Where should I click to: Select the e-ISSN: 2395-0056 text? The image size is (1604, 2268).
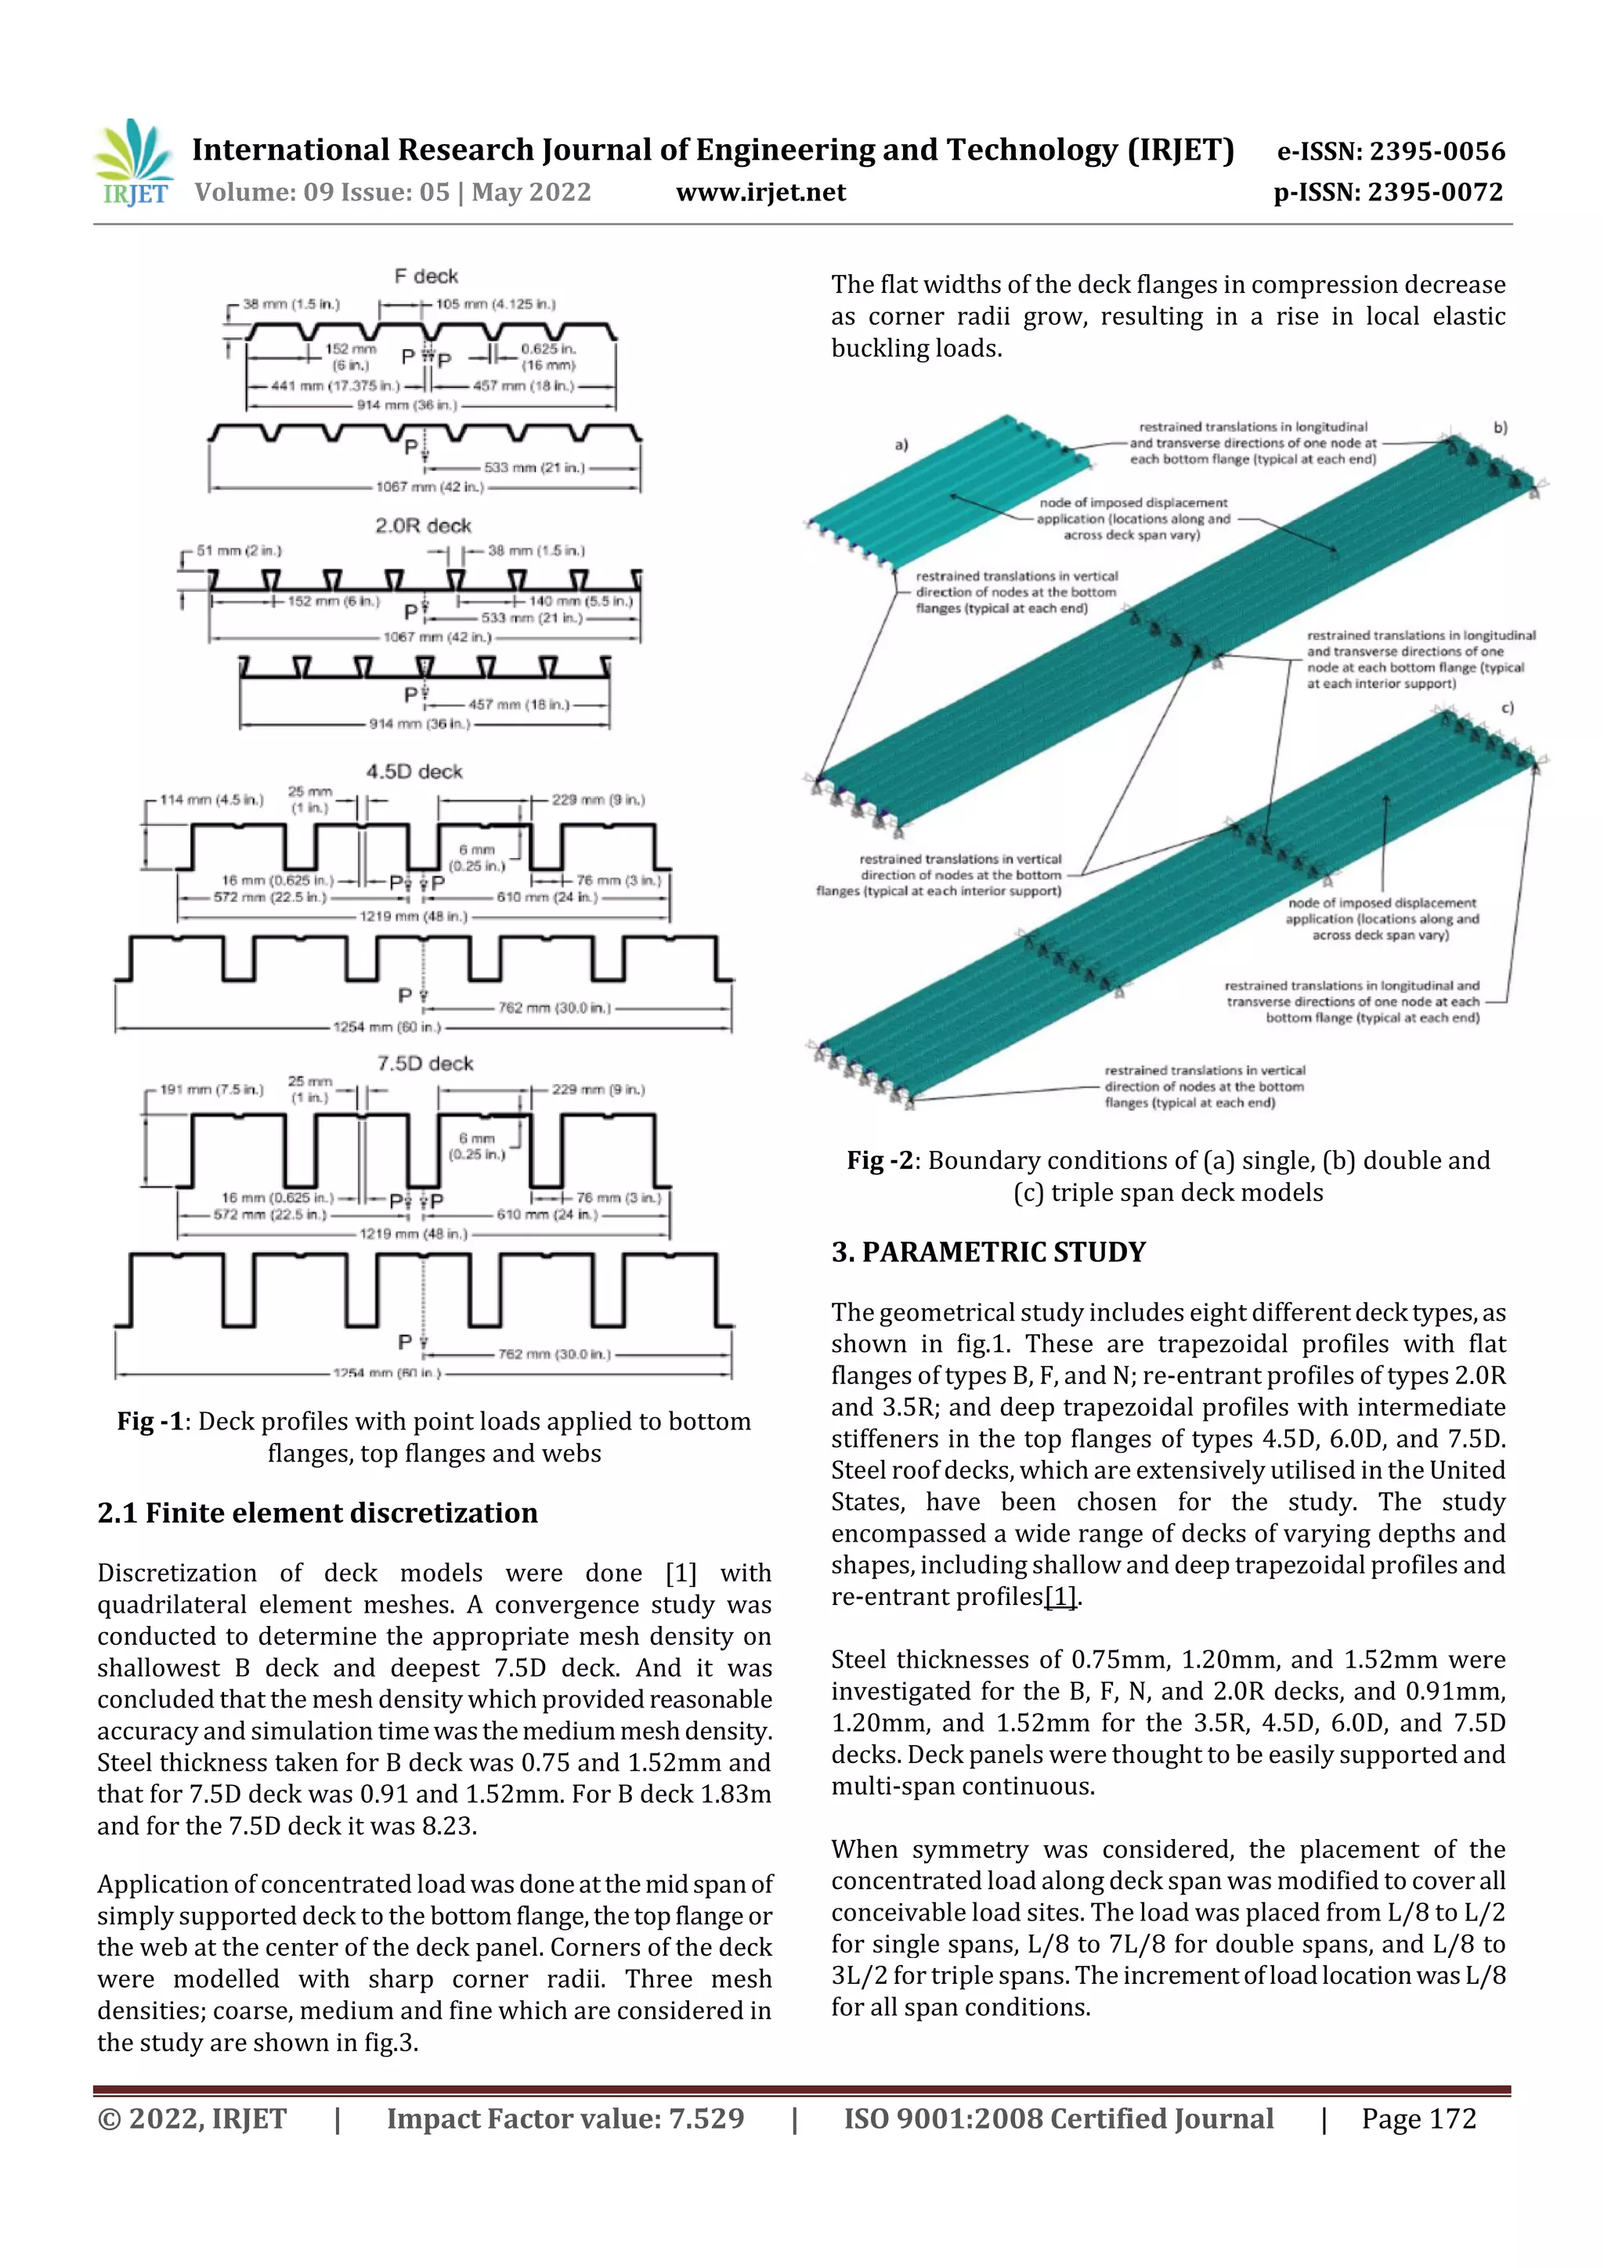pos(1390,151)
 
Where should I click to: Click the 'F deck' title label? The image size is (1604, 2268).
pos(426,276)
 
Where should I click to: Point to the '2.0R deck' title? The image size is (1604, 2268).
pos(423,525)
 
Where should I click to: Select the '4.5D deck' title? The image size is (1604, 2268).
pos(414,771)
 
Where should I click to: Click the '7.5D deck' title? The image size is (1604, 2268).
pos(425,1064)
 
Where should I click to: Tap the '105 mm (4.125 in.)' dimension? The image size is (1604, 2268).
pos(495,305)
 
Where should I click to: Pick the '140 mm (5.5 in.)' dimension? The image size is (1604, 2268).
pos(580,600)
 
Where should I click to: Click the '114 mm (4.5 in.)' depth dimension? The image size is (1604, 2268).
pos(211,799)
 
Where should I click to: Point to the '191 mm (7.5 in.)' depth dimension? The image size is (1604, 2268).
pos(211,1090)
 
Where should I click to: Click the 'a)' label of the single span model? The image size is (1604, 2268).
pos(901,445)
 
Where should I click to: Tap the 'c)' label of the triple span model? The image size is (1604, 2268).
pos(1507,709)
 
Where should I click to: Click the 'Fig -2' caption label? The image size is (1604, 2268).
pos(879,1161)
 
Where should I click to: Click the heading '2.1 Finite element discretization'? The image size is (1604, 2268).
pos(317,1513)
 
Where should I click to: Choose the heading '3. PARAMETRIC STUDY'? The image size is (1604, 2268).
pos(988,1253)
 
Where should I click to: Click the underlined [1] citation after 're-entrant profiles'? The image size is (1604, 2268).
pos(1060,1597)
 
